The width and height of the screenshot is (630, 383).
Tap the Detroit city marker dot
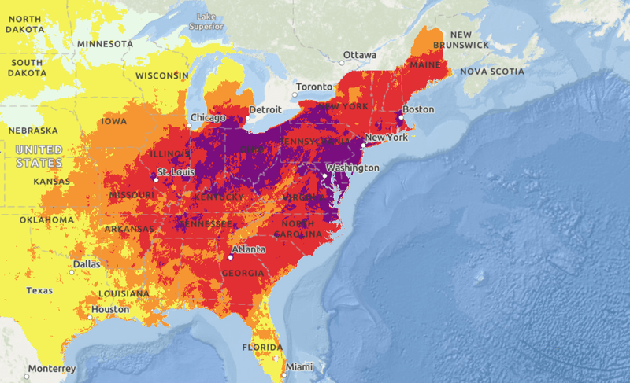pos(247,118)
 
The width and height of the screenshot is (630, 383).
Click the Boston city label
pos(417,109)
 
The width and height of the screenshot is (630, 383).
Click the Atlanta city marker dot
pos(232,257)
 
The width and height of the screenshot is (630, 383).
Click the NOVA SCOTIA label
pos(492,72)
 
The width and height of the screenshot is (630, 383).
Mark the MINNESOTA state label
pos(105,44)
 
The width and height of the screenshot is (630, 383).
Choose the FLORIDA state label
pos(261,347)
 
